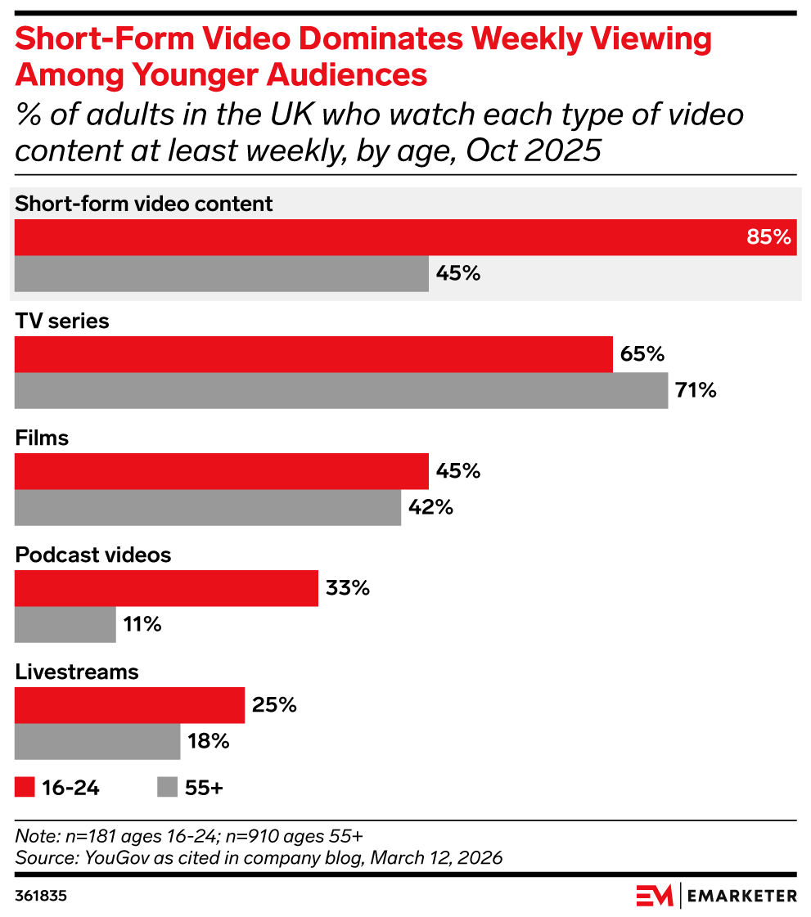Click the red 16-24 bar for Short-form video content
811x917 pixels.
point(405,237)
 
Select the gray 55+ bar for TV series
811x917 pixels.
point(341,390)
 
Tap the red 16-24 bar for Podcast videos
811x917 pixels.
point(166,588)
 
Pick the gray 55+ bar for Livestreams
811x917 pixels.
point(97,742)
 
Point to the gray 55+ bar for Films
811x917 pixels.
point(208,507)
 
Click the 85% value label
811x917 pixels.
point(769,238)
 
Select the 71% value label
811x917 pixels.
point(696,390)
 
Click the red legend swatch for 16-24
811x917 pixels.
point(25,788)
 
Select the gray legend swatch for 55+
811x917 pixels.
point(167,788)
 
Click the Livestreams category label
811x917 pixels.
point(77,672)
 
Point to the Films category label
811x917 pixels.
point(42,438)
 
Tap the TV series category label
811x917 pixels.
point(62,321)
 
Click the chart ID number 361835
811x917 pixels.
point(41,896)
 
